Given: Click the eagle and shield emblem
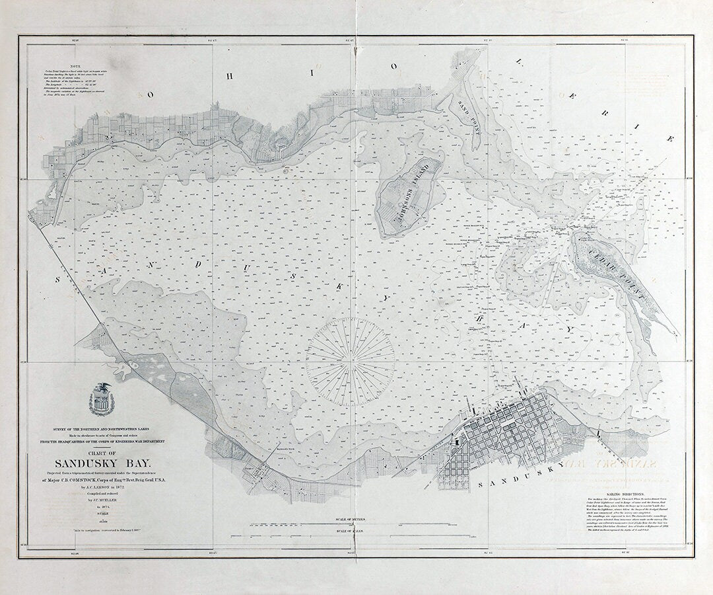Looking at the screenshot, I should pos(100,399).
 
